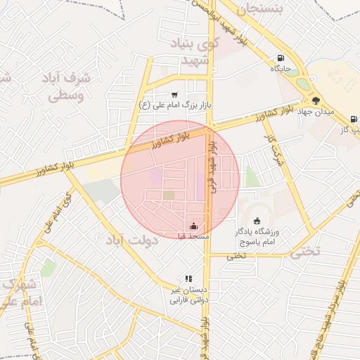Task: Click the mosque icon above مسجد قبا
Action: pyautogui.click(x=194, y=226)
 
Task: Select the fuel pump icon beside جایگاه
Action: pyautogui.click(x=281, y=58)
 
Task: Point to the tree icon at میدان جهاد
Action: pyautogui.click(x=316, y=100)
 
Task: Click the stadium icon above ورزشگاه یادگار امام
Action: pyautogui.click(x=256, y=221)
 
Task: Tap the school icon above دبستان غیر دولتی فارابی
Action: pyautogui.click(x=188, y=279)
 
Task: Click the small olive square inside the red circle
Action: pyautogui.click(x=169, y=195)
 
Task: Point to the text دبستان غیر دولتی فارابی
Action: pyautogui.click(x=185, y=295)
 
